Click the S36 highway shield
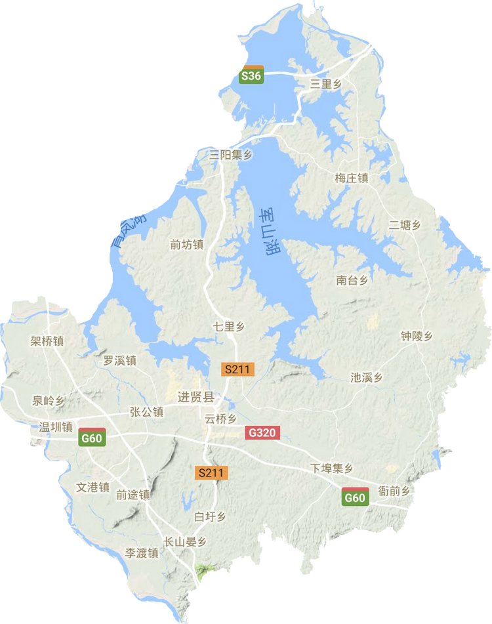(x=251, y=75)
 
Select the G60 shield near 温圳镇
(x=91, y=438)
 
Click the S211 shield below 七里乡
(x=237, y=369)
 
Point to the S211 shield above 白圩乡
(x=211, y=472)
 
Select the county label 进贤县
(x=196, y=397)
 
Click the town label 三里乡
(x=326, y=83)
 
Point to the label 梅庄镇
(x=351, y=178)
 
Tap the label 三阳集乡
(x=230, y=156)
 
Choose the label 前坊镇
(x=186, y=245)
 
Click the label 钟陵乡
(x=417, y=336)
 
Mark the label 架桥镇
(x=47, y=341)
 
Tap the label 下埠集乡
(x=332, y=468)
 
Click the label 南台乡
(x=352, y=280)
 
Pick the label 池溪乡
(x=366, y=378)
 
